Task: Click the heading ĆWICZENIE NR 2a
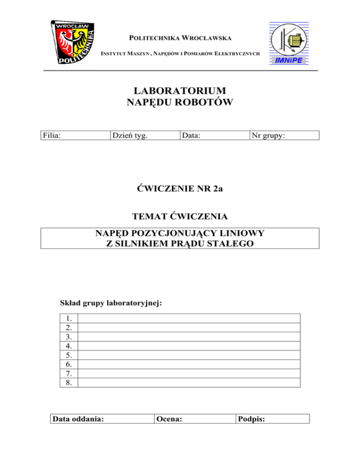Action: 180,189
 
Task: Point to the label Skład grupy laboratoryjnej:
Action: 111,303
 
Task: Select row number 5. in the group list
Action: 69,355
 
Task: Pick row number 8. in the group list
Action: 69,383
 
